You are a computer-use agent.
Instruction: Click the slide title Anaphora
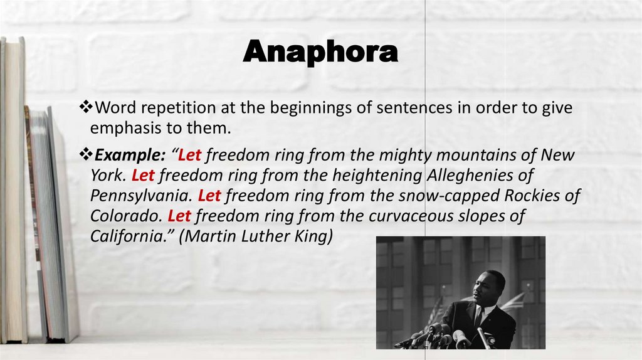(320, 52)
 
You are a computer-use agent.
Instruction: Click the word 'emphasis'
(119, 129)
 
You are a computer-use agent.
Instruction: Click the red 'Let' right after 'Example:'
(189, 155)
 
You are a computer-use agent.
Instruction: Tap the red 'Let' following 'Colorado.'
(179, 216)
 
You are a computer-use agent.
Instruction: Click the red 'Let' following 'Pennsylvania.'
(209, 196)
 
